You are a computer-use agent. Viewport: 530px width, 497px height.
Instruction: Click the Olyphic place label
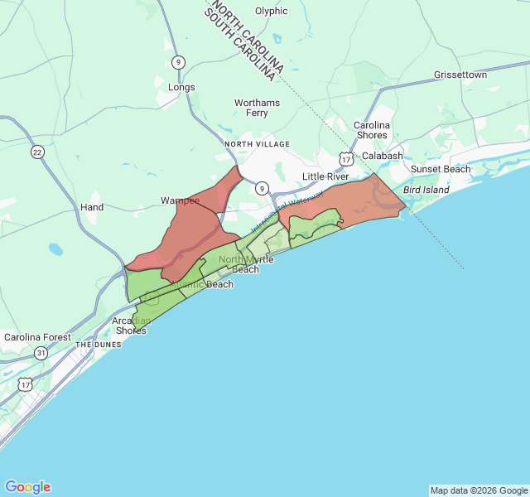271,11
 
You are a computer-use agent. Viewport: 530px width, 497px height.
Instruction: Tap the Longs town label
181,87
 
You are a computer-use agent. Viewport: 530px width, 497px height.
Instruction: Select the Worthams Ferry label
257,108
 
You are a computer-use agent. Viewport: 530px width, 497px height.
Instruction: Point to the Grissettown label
460,75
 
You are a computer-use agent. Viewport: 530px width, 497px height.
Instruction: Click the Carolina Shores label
371,130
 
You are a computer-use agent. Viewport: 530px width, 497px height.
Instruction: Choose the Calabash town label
382,156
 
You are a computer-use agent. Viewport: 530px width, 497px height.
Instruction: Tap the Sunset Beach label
441,169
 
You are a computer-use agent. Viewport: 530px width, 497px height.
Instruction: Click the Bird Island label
426,190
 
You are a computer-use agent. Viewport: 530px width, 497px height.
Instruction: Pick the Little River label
325,177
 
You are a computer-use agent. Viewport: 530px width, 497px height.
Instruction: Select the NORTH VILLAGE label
257,144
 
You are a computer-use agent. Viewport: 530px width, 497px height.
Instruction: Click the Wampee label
180,200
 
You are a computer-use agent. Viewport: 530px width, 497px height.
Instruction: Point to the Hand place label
92,207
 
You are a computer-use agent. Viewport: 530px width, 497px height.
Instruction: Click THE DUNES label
99,344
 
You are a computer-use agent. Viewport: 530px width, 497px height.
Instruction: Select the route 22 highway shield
37,152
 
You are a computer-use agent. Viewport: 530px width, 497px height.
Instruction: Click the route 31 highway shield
41,353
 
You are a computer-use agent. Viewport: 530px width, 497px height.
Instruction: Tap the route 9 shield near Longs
180,62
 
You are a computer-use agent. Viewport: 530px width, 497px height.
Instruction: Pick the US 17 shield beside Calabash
345,157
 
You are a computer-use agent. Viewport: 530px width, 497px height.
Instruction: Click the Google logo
27,487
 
